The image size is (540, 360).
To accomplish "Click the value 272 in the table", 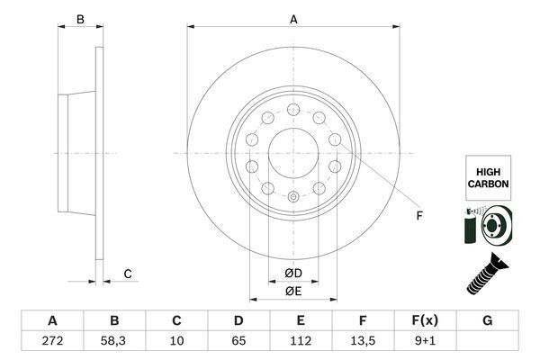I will coord(52,340).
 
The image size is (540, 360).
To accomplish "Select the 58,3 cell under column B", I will coord(114,340).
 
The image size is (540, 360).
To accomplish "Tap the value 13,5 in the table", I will coord(361,340).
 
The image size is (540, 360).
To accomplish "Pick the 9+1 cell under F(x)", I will coord(424,340).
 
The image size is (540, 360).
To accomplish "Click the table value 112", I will coord(300,340).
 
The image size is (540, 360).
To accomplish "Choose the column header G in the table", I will coord(487,319).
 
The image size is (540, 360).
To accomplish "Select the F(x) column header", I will coord(424,319).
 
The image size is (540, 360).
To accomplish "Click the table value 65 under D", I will coord(238,340).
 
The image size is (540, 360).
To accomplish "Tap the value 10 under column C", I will coord(176,340).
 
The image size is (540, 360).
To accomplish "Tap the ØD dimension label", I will coord(293,272).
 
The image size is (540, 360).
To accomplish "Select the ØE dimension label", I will coord(293,290).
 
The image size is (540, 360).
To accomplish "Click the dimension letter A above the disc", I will coord(293,19).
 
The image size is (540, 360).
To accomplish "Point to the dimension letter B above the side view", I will coord(79,19).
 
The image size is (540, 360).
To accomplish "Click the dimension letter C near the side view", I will coord(128,273).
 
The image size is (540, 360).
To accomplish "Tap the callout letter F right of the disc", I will coord(418,214).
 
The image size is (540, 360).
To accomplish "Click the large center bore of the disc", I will coord(292,148).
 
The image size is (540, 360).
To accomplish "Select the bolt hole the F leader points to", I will coord(335,139).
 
